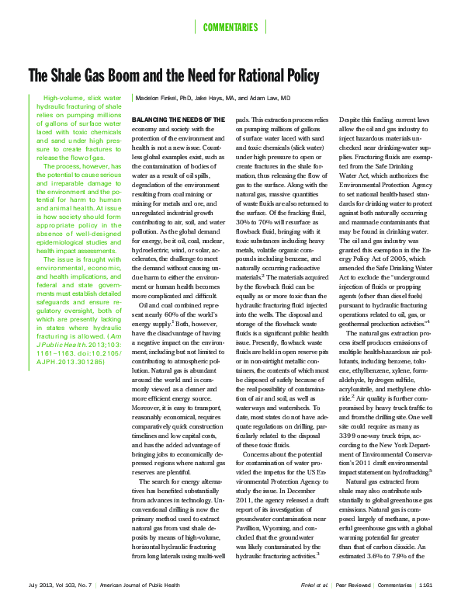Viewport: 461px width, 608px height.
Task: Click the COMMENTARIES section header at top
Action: point(230,28)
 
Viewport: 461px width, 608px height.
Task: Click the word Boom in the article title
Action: point(120,76)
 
